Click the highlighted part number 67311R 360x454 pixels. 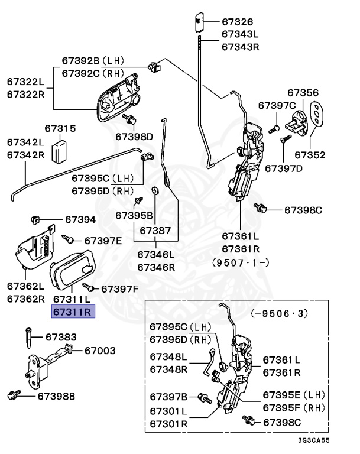[x=72, y=312]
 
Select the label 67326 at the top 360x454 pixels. [x=236, y=22]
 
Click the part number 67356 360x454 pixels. [x=303, y=93]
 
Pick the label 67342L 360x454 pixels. [x=25, y=142]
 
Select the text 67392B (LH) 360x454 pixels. [x=92, y=60]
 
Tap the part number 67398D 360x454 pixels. [x=134, y=137]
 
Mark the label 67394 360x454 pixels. [x=80, y=220]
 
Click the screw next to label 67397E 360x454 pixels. [x=69, y=239]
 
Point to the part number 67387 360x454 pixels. [x=155, y=230]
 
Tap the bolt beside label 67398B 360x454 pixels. [x=13, y=394]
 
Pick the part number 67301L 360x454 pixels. [x=168, y=411]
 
